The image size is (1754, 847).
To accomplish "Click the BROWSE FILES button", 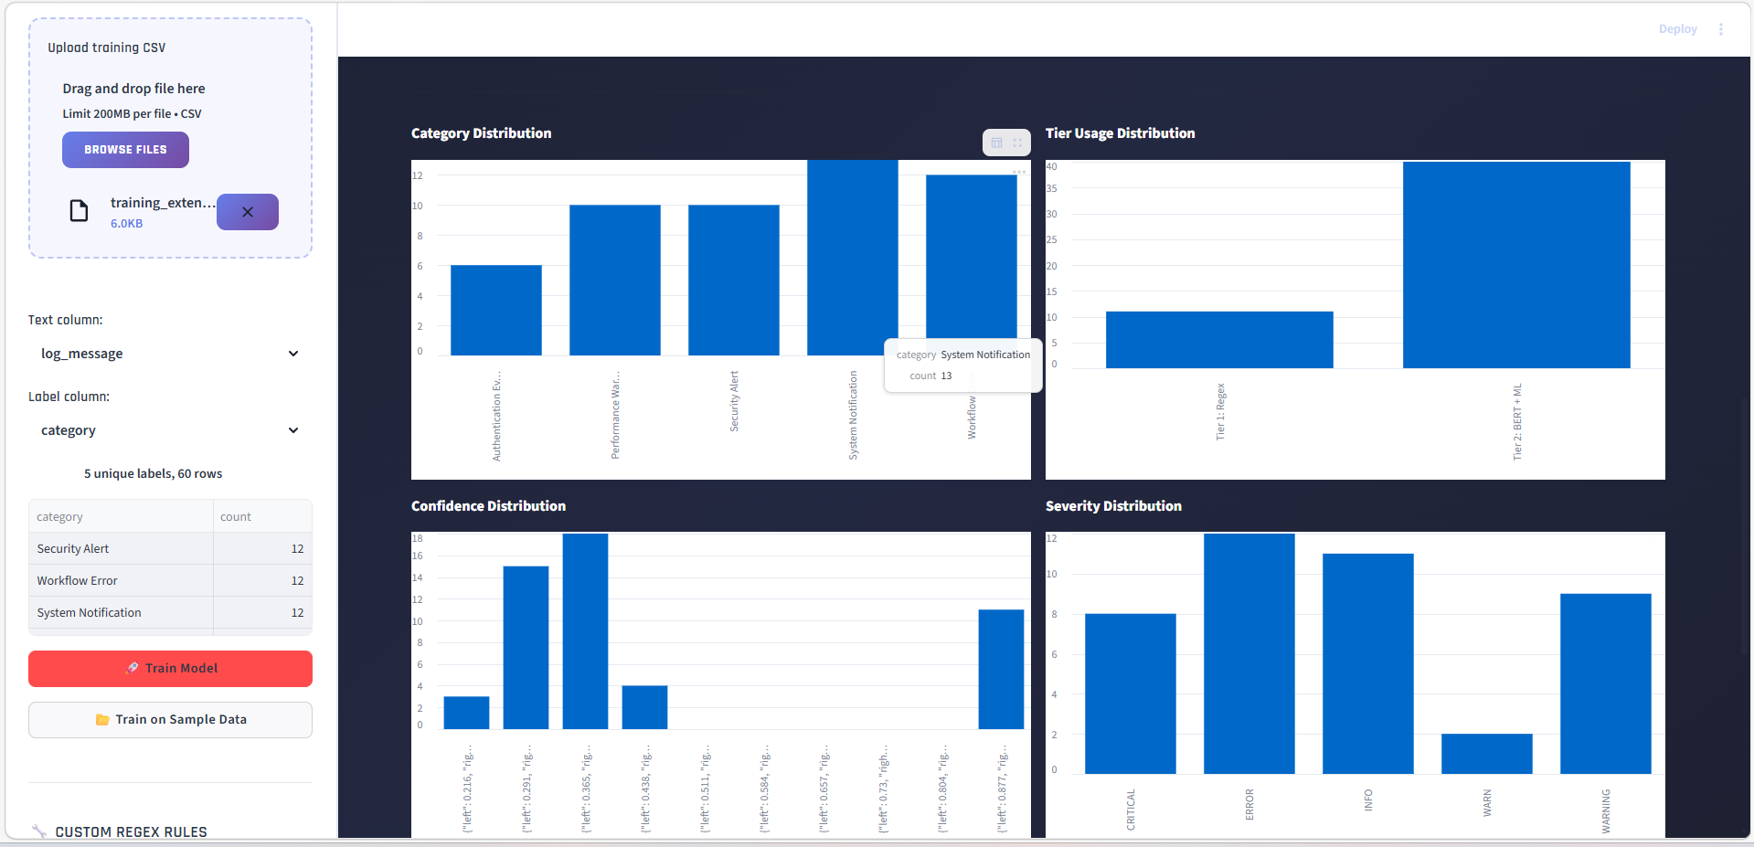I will pos(125,150).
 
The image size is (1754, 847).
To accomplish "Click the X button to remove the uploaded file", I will pos(248,212).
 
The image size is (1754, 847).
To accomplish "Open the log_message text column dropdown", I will pos(170,354).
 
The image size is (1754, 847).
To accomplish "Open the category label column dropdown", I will pos(170,430).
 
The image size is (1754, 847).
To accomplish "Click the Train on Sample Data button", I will pos(170,720).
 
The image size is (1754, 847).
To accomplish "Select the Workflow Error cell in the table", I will pos(78,581).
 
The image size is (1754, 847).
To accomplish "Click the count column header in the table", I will pos(236,517).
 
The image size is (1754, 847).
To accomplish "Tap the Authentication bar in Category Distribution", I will pos(495,311).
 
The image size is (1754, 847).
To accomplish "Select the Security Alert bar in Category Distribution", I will pos(733,280).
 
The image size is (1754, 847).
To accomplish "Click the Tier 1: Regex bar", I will pos(1218,340).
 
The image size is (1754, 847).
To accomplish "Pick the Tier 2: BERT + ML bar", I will pos(1515,265).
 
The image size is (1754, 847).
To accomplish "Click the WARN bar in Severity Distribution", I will pos(1486,754).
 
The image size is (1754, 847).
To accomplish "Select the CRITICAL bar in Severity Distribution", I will pos(1130,693).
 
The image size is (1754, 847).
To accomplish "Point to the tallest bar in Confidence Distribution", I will pos(585,630).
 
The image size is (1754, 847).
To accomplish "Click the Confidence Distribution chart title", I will pos(488,506).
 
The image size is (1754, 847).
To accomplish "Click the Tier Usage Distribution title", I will pos(1120,133).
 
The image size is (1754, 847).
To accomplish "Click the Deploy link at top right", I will pos(1677,29).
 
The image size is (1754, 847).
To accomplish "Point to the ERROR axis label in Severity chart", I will pos(1249,804).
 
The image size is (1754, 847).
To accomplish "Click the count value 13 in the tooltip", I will pos(946,376).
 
